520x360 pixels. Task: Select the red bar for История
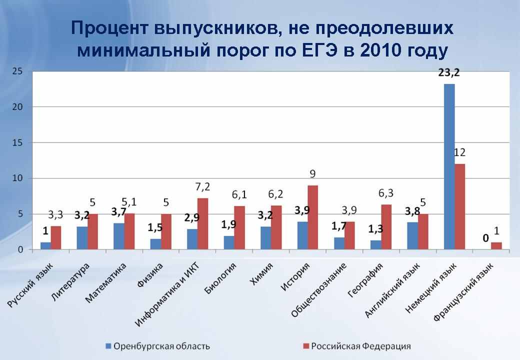(x=312, y=217)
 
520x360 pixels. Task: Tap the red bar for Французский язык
(x=496, y=245)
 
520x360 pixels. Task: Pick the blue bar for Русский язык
(x=45, y=245)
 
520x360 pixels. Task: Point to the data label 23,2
(x=448, y=73)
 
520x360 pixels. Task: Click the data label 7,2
(x=202, y=187)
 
